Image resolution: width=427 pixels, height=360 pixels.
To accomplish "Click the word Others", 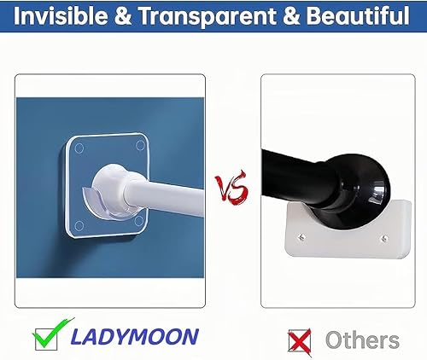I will click(362, 340).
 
